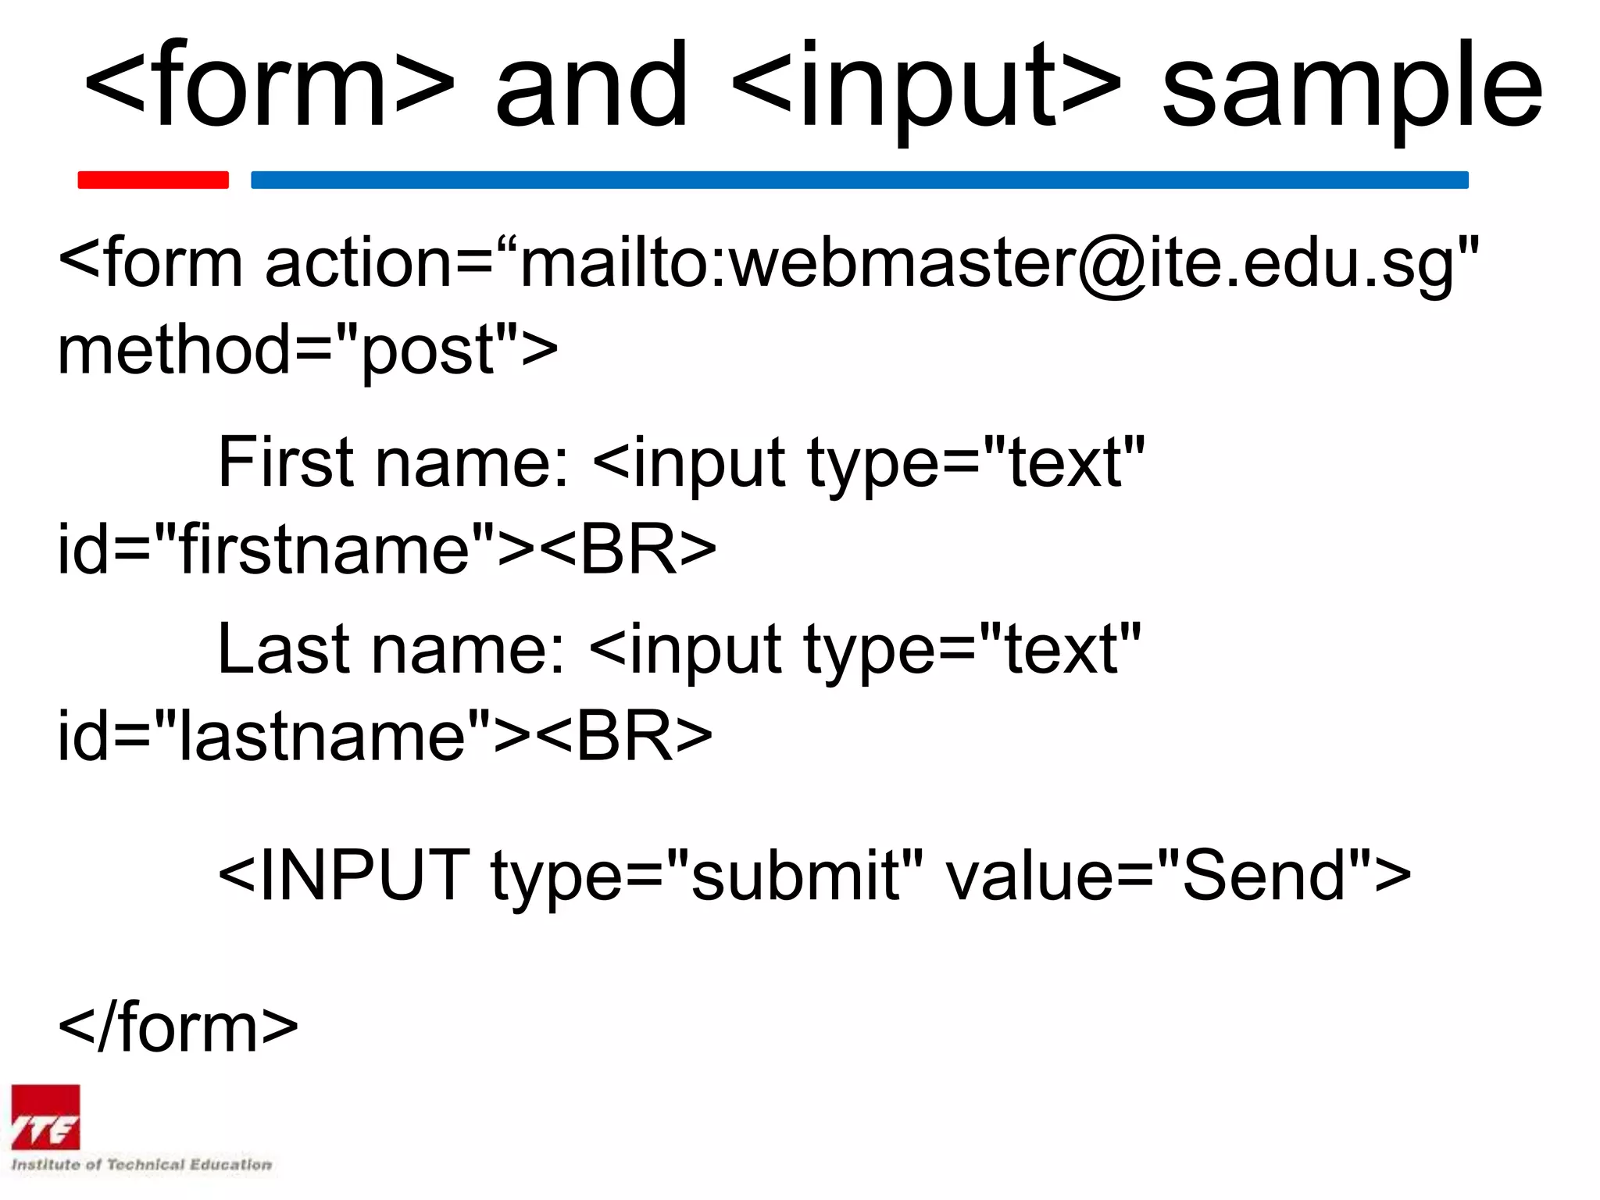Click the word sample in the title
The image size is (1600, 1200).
[x=1352, y=86]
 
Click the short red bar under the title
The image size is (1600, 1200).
[x=153, y=180]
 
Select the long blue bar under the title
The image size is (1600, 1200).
[x=859, y=180]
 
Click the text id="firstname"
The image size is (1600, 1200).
[x=277, y=549]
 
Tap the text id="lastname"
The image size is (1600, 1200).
[x=274, y=736]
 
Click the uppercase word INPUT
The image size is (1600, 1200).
[x=364, y=876]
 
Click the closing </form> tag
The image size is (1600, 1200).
[x=178, y=1028]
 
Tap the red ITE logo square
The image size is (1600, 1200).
[x=45, y=1117]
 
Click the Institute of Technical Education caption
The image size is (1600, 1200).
[x=141, y=1165]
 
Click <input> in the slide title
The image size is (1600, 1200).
[x=927, y=86]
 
